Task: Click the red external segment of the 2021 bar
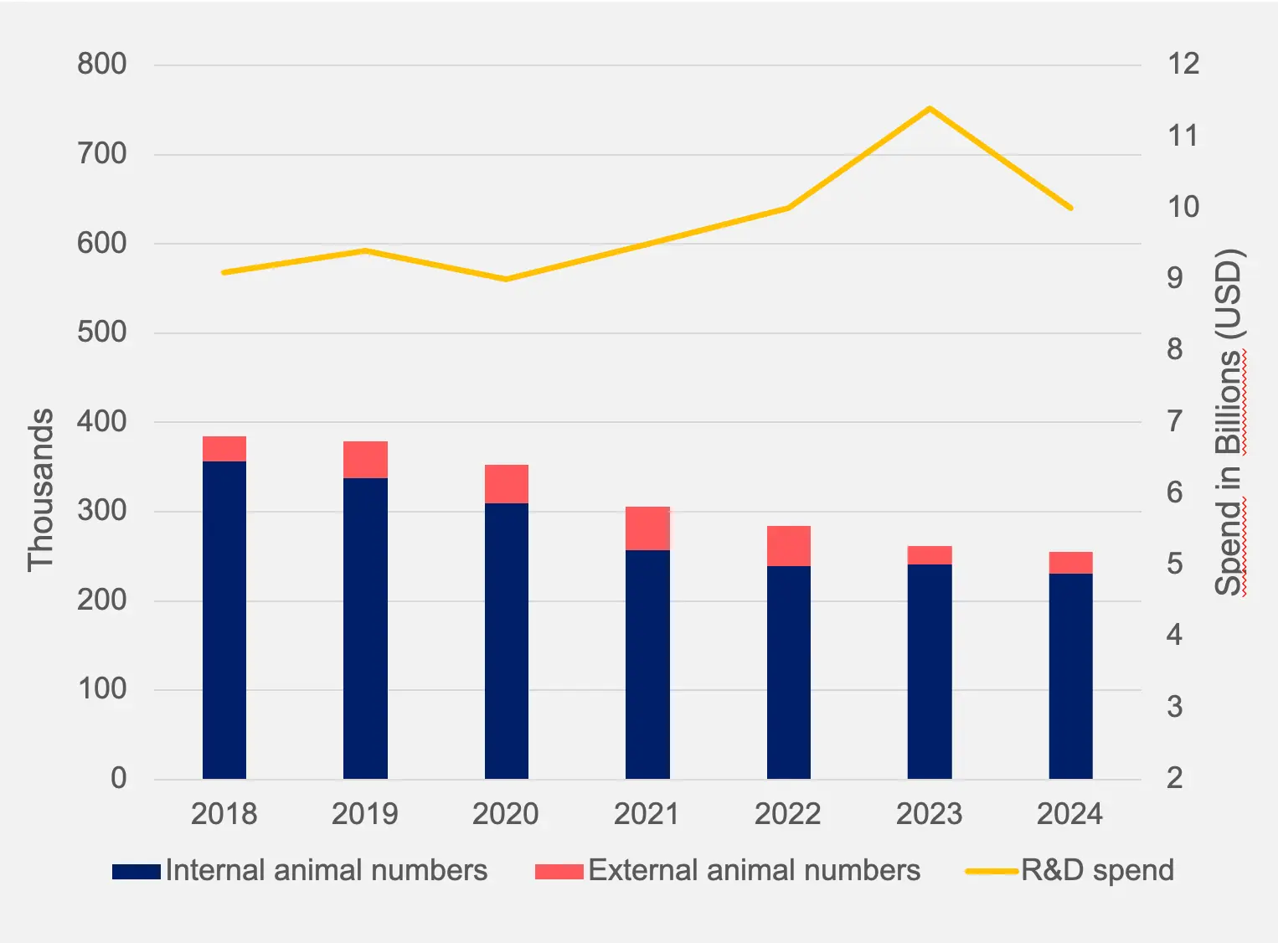(x=647, y=528)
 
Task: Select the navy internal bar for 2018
(x=224, y=620)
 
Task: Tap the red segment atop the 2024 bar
(x=1070, y=563)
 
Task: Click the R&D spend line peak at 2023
(x=930, y=109)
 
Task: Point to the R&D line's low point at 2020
(x=507, y=279)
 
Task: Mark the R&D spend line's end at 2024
(x=1070, y=208)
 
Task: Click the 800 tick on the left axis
(x=101, y=64)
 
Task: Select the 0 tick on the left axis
(x=118, y=779)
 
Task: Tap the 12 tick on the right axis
(x=1183, y=64)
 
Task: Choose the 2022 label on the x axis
(x=787, y=814)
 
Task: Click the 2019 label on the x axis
(x=364, y=814)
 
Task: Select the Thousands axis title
(x=40, y=490)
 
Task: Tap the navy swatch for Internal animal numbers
(x=136, y=872)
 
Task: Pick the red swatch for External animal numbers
(x=559, y=872)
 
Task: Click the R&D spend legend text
(x=1097, y=871)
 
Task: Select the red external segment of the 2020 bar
(x=507, y=484)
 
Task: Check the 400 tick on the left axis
(x=101, y=421)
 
